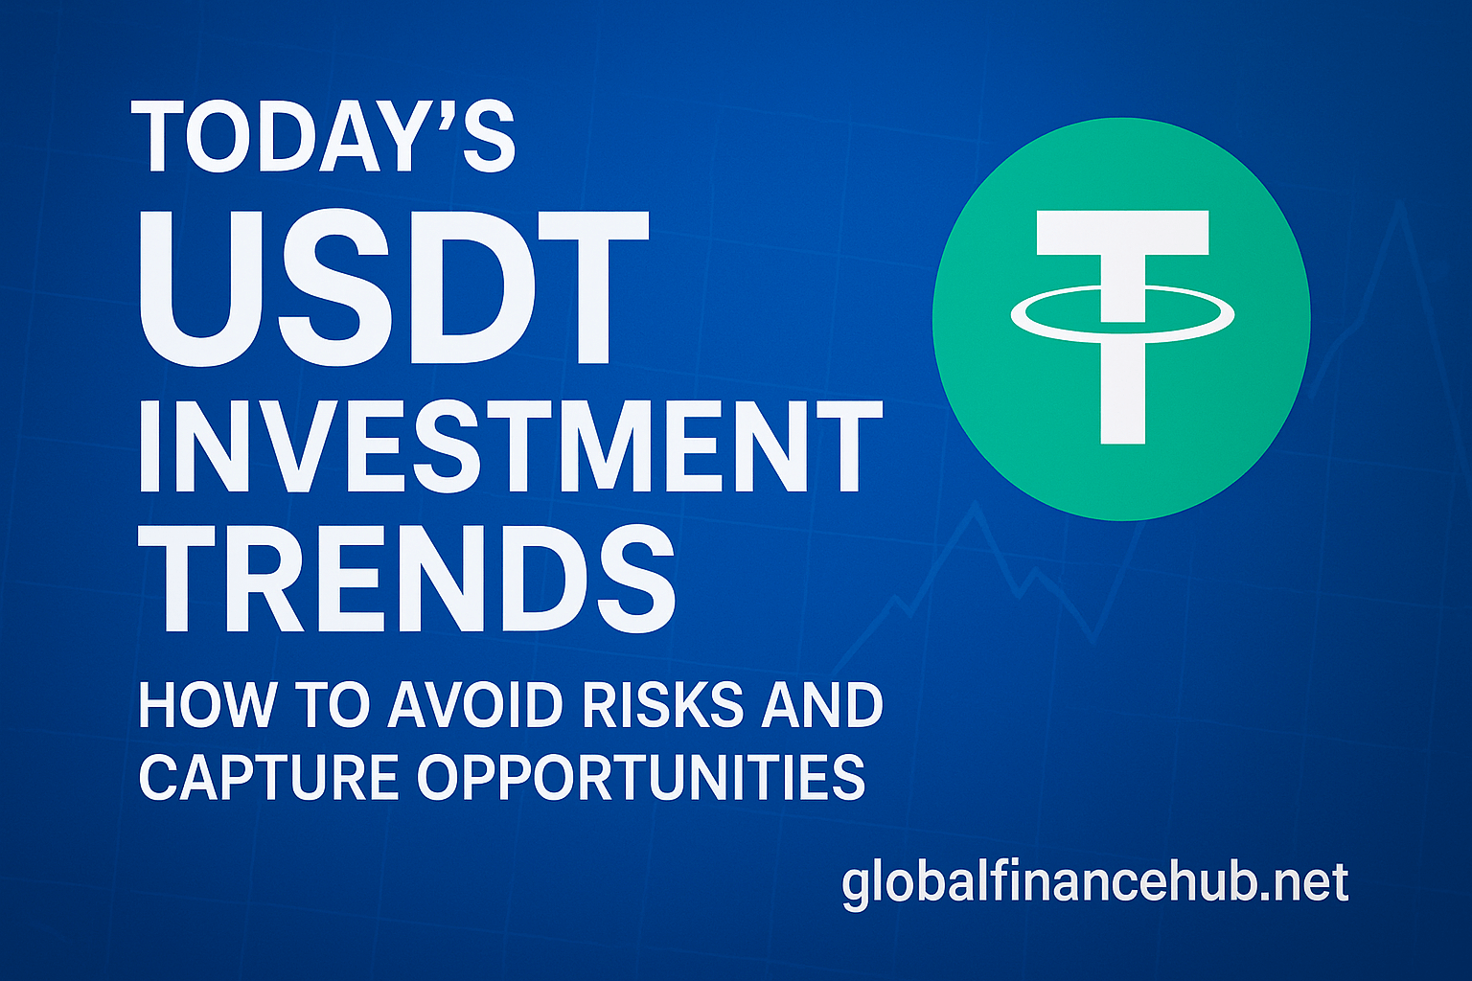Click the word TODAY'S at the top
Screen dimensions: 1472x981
(x=323, y=137)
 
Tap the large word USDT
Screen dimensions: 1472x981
(x=393, y=287)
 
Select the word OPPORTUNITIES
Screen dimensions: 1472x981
(x=641, y=777)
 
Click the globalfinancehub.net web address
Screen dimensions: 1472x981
(x=1094, y=884)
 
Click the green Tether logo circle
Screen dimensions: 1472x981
(x=1121, y=319)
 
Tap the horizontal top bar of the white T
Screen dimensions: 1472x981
(x=1122, y=233)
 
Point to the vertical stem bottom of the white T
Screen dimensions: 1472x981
(x=1123, y=428)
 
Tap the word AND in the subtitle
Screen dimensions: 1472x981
(x=822, y=704)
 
